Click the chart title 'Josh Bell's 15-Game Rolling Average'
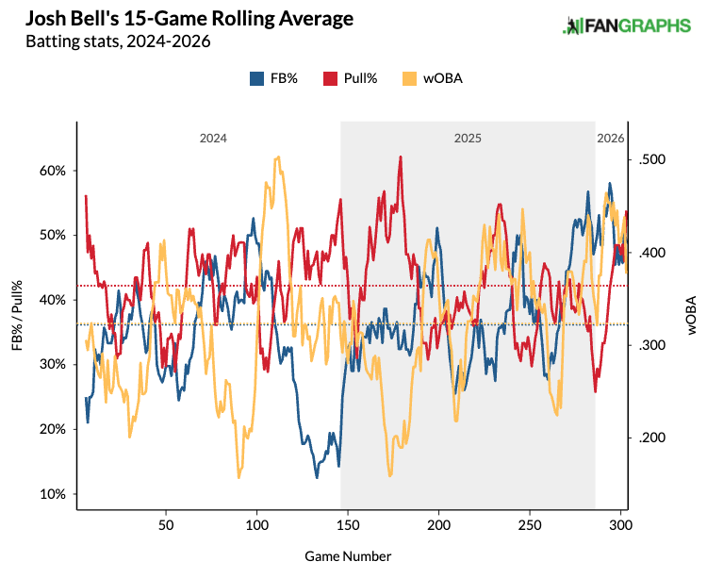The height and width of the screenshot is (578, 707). tap(166, 19)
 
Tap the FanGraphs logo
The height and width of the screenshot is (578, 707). tap(626, 26)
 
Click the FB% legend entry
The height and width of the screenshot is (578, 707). tap(273, 78)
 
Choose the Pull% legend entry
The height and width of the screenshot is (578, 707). tap(351, 78)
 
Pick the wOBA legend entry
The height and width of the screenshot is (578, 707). tap(429, 78)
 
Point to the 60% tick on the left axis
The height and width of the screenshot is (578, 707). tap(51, 171)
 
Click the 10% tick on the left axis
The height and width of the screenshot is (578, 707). tap(51, 494)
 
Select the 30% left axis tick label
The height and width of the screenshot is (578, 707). tap(51, 365)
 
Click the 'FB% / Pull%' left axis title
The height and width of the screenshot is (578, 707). tap(18, 316)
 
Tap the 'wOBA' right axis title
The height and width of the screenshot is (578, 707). tap(691, 316)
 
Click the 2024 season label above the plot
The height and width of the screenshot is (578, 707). tap(212, 138)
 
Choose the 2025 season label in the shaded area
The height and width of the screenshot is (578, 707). tap(468, 138)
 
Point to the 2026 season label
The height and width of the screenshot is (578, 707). tap(611, 138)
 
